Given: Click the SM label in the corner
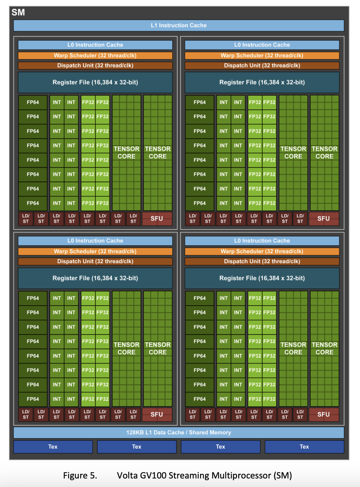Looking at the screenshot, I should [x=18, y=12].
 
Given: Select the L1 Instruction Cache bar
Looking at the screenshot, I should [x=179, y=26].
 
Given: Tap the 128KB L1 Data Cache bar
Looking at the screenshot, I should [x=179, y=432].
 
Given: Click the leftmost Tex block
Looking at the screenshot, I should [x=53, y=447].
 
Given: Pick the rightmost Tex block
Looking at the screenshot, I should [x=304, y=447].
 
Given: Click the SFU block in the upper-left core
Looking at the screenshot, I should [x=157, y=218].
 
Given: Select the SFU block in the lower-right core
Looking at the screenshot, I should [x=324, y=414].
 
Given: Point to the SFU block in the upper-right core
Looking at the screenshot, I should [x=324, y=218].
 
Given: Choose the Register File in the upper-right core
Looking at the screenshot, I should [x=262, y=82].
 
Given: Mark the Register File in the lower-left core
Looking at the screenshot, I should [x=95, y=278].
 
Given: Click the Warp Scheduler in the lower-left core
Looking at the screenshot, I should [x=95, y=251].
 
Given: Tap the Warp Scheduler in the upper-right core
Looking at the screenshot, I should [x=262, y=55].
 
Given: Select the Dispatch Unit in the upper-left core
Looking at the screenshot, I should [x=95, y=66].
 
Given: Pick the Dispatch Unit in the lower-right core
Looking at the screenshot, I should [x=262, y=261].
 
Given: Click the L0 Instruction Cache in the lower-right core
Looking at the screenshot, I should [x=262, y=241].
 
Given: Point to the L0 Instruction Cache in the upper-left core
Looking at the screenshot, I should [x=95, y=45].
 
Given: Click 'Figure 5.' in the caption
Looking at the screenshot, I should [x=80, y=475].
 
